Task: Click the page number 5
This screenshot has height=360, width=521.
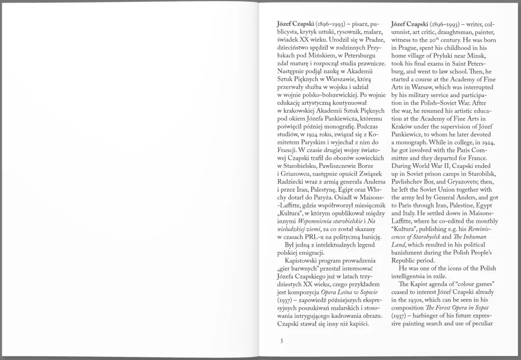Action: [281, 341]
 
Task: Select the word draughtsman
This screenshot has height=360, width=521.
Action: [444, 32]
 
